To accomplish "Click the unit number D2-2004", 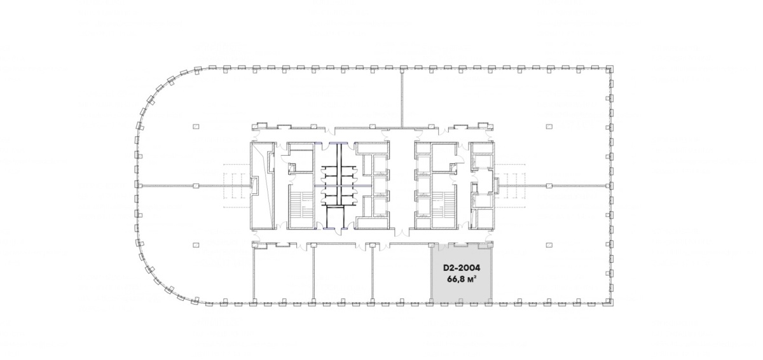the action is click(x=462, y=268).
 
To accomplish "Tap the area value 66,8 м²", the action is click(x=462, y=280).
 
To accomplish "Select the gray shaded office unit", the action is click(x=462, y=273).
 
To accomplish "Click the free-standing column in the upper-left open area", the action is click(x=196, y=127).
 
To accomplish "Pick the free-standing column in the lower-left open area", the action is click(x=196, y=245).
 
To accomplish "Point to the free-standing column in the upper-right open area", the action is click(x=549, y=127).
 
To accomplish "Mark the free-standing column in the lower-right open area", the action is click(x=549, y=245).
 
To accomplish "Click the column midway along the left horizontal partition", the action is click(x=196, y=186).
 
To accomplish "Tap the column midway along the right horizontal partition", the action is click(x=549, y=186).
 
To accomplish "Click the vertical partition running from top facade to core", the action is click(x=402, y=98).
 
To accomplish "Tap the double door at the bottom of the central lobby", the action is click(x=402, y=233).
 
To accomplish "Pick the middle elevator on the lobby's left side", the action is click(x=379, y=185).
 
